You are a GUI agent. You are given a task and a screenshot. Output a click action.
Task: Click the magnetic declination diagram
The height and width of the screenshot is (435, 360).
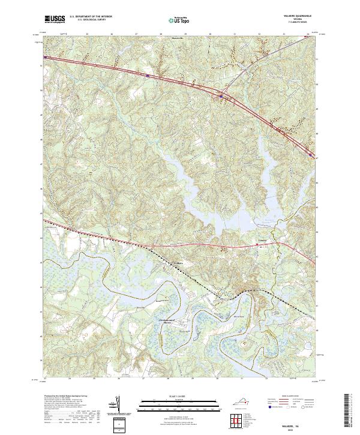(x=117, y=404)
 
